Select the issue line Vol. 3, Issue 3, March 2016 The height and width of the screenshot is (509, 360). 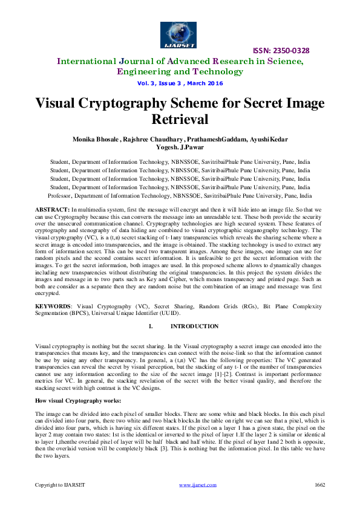point(180,83)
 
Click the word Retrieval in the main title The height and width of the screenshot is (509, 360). point(180,119)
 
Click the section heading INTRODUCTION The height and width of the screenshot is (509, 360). point(195,326)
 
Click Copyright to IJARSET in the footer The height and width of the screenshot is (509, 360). point(59,485)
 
